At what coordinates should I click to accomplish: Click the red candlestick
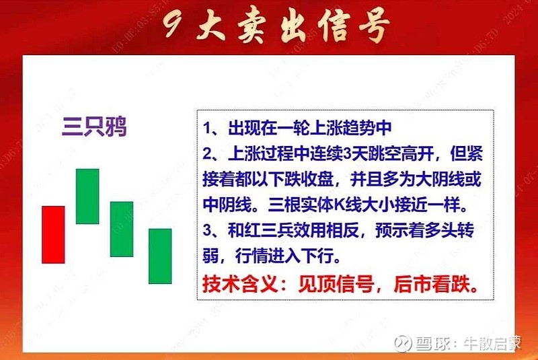tap(53, 234)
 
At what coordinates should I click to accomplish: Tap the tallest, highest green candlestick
tap(87, 196)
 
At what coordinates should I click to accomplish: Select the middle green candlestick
tap(122, 229)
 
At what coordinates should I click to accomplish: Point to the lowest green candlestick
tap(160, 256)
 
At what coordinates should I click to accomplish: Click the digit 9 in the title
tap(172, 28)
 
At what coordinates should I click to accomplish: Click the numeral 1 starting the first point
tap(206, 128)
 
